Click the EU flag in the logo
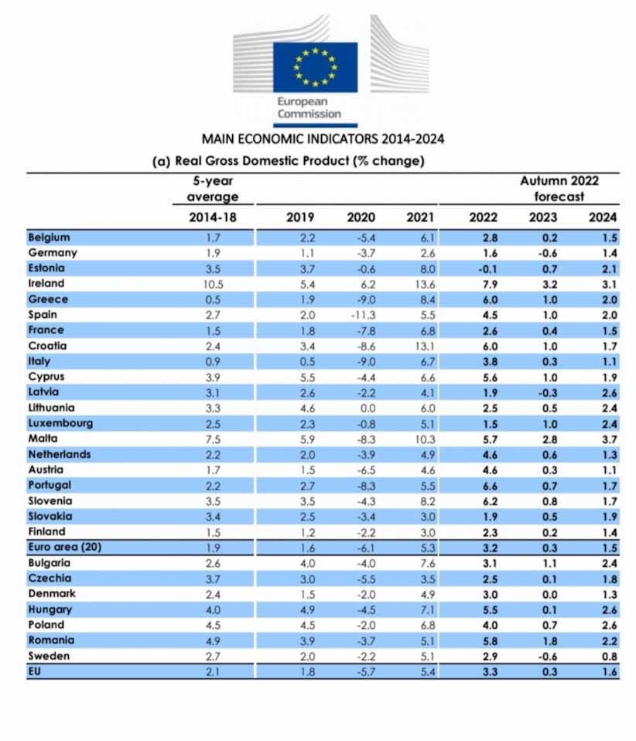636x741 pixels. tap(316, 67)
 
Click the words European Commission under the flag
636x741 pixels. tap(309, 108)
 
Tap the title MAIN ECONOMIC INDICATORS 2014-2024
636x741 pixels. tap(323, 139)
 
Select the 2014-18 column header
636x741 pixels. tap(213, 217)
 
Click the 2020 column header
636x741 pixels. tap(361, 217)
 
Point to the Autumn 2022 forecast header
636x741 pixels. tap(559, 189)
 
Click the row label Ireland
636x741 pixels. tap(46, 284)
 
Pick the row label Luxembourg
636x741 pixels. tap(60, 423)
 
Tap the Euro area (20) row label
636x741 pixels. tap(65, 548)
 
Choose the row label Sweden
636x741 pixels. tap(49, 656)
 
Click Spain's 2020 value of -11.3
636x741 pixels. tap(363, 316)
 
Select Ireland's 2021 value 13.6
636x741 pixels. tap(425, 285)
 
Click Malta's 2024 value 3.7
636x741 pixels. tap(610, 439)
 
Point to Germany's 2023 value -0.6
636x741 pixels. tap(548, 253)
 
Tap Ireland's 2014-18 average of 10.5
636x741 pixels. tap(214, 285)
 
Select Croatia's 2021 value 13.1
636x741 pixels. tap(425, 347)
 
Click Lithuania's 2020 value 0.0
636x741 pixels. tap(368, 408)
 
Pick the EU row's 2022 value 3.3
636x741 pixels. tap(490, 672)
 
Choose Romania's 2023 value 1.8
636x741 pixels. tap(549, 641)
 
